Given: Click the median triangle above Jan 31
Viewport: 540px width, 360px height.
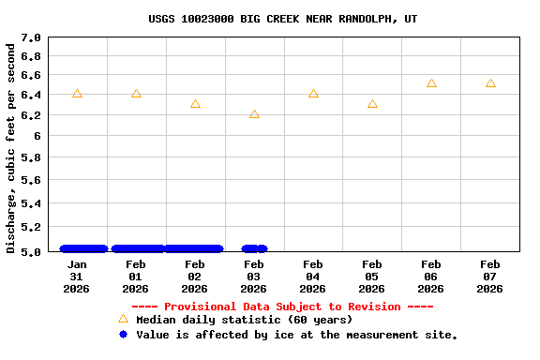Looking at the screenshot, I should point(77,94).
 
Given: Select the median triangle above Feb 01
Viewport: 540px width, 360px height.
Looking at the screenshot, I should point(136,94).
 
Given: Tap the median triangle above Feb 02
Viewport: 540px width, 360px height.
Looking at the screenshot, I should point(195,104).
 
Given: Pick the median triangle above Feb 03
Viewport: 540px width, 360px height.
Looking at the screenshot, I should point(254,114).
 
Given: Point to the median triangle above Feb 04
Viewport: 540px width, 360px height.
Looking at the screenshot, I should point(313,94).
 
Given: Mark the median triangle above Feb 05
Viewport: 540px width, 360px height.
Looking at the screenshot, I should point(372,104).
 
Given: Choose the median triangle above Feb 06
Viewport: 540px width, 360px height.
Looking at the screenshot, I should point(431,83).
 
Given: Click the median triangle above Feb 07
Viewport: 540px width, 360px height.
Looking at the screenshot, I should point(490,83).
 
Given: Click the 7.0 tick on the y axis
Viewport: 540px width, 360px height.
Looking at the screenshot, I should point(31,38).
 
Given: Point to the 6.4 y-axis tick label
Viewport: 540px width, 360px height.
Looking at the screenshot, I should point(31,95).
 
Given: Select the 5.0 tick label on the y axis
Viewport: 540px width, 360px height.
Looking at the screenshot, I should point(31,251).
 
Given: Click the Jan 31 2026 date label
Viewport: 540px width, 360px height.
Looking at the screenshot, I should point(77,277).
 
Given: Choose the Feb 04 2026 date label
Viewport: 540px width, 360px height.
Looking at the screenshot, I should point(313,277).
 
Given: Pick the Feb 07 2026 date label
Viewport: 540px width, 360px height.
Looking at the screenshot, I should point(489,277).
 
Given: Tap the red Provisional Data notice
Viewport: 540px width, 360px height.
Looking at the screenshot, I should point(282,307).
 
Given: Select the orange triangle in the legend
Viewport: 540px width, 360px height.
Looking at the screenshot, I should point(123,319).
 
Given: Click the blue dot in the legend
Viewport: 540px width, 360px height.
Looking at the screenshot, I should point(123,334).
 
